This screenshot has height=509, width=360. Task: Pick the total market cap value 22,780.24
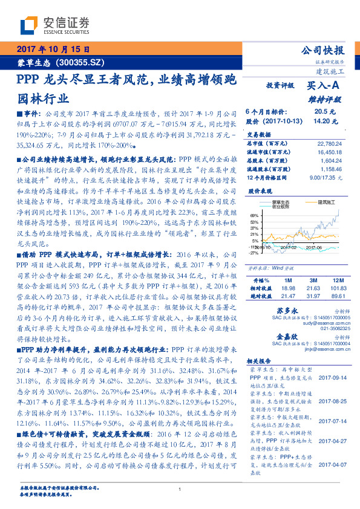[331, 143]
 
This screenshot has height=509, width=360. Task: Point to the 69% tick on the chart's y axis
[255, 215]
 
